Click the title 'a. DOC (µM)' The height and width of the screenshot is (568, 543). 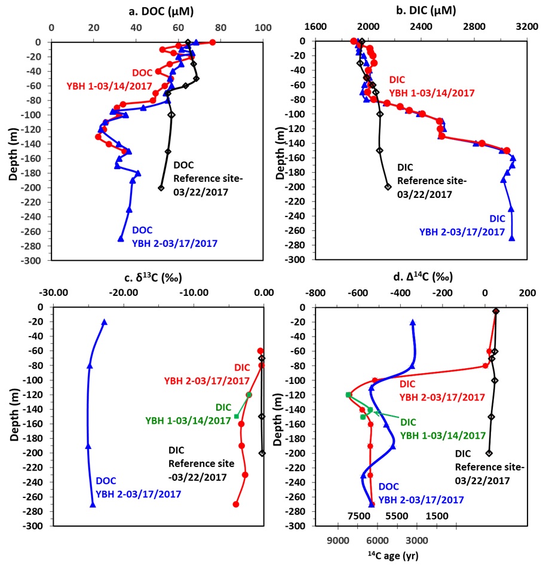pyautogui.click(x=157, y=11)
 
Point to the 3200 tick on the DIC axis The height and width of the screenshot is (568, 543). pyautogui.click(x=526, y=27)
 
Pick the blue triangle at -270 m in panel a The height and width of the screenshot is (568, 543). pyautogui.click(x=121, y=239)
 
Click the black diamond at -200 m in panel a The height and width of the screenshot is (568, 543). pyautogui.click(x=161, y=188)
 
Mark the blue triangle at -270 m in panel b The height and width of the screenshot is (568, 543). pyautogui.click(x=512, y=238)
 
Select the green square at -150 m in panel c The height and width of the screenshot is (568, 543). pyautogui.click(x=237, y=416)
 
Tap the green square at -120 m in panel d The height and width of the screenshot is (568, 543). pyautogui.click(x=348, y=395)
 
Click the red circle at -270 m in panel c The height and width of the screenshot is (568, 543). pyautogui.click(x=236, y=504)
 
